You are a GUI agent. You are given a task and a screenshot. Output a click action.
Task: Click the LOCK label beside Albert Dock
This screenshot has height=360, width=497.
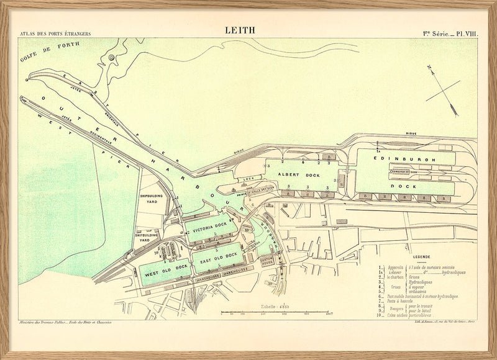point(250,178)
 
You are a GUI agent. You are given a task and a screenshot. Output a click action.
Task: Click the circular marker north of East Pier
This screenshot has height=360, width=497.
point(111,58)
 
